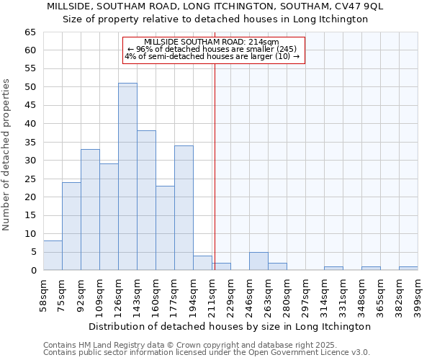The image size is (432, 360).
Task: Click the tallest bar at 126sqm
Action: pos(127,176)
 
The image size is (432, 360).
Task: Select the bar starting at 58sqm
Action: pos(53,256)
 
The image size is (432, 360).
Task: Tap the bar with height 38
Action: pos(146,200)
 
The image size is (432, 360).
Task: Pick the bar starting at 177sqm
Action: pos(184,207)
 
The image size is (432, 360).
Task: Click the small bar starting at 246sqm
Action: pos(258,261)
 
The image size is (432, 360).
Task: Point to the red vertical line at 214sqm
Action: pos(215,158)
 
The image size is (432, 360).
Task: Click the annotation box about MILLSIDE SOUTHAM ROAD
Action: pos(214,50)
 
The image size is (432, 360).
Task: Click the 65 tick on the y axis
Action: pos(30,32)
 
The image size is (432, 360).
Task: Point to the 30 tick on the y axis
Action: pos(30,161)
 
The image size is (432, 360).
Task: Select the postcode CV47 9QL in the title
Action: pos(356,6)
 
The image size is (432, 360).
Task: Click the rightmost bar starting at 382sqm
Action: pos(408,269)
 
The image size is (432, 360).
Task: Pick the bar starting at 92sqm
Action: pos(90,210)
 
